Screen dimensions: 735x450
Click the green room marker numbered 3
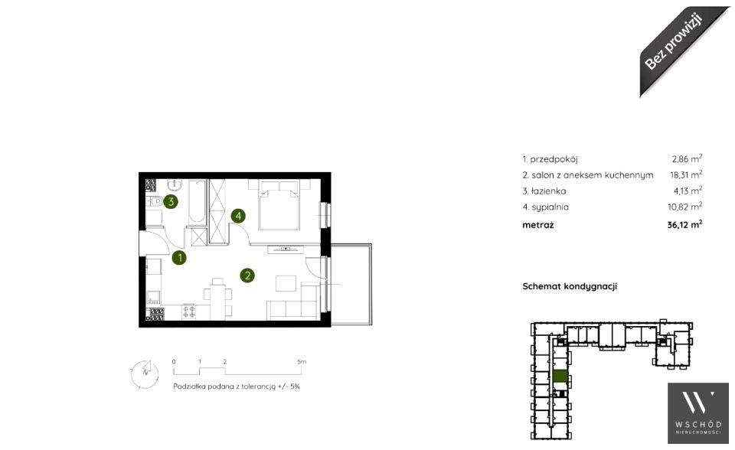click(171, 202)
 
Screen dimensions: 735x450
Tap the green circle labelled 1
click(179, 257)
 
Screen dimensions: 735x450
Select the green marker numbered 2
click(247, 276)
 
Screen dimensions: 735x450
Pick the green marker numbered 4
click(238, 216)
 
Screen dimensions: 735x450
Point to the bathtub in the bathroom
click(197, 201)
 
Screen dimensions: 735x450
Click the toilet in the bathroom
click(154, 201)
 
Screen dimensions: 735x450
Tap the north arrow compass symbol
click(145, 373)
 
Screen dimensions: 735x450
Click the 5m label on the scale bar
click(302, 362)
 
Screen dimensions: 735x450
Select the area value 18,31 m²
click(686, 174)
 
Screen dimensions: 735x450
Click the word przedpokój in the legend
click(554, 159)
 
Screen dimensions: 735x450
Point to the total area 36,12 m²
click(684, 224)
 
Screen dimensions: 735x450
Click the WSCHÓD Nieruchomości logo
click(698, 413)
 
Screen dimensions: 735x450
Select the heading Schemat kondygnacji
click(570, 286)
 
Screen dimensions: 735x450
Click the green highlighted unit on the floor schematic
click(560, 376)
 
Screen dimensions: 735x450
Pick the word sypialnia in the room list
click(550, 207)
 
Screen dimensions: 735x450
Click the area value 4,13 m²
click(688, 191)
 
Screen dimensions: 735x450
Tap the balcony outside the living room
click(351, 284)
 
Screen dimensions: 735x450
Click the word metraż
click(538, 225)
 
